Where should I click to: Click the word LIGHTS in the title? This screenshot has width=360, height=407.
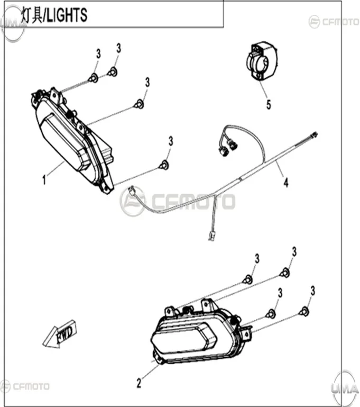(x=67, y=15)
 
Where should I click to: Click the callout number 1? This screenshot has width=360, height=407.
(x=44, y=179)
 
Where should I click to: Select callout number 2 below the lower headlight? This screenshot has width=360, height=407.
(x=139, y=383)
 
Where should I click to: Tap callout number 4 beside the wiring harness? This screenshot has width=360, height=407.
(x=286, y=183)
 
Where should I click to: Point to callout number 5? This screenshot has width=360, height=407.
(x=269, y=105)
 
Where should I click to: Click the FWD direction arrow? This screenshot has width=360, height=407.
(x=60, y=334)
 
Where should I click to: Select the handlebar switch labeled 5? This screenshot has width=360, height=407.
(x=261, y=61)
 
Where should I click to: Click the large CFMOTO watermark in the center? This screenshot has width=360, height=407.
(x=178, y=202)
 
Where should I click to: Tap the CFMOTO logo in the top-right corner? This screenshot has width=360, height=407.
(x=334, y=22)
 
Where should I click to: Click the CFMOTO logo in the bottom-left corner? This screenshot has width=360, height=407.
(x=25, y=386)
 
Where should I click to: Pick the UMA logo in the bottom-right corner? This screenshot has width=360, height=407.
(x=345, y=388)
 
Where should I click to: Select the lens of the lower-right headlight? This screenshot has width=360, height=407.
(x=184, y=338)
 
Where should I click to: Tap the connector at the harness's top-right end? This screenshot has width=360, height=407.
(x=314, y=135)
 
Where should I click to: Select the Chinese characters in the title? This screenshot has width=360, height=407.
(x=31, y=14)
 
